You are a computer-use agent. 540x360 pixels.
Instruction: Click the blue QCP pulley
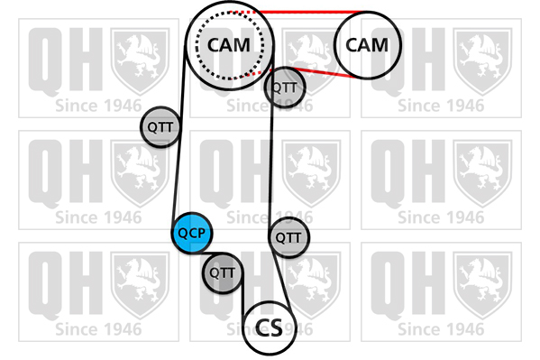coord(192,233)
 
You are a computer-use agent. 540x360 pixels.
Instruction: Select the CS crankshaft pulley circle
coord(270,328)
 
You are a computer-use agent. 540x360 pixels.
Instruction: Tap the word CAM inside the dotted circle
coord(229,45)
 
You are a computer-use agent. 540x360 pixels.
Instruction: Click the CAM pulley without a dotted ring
coord(368,45)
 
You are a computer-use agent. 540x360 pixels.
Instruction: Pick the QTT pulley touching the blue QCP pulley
coord(223,272)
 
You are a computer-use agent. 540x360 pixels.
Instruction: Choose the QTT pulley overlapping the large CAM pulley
coord(285,88)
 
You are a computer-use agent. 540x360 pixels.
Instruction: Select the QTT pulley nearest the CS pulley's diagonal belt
coord(288,237)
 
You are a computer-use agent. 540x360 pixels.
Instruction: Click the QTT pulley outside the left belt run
coord(160,127)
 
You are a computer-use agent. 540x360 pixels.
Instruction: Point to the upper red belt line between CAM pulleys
coord(310,12)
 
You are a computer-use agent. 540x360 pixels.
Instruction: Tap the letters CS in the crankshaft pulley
coord(269,328)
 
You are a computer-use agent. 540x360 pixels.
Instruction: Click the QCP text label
coord(192,234)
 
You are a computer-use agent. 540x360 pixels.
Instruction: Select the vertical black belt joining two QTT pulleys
coord(271,162)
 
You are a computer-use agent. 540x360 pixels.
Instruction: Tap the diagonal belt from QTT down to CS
coord(282,281)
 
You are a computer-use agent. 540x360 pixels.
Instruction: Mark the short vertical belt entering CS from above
coord(243,293)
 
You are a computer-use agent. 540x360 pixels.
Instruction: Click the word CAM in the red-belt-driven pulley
coord(367,45)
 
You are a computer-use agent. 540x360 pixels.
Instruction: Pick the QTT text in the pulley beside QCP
coord(223,273)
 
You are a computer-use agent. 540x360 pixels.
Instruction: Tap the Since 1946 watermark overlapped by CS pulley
coord(270,329)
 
